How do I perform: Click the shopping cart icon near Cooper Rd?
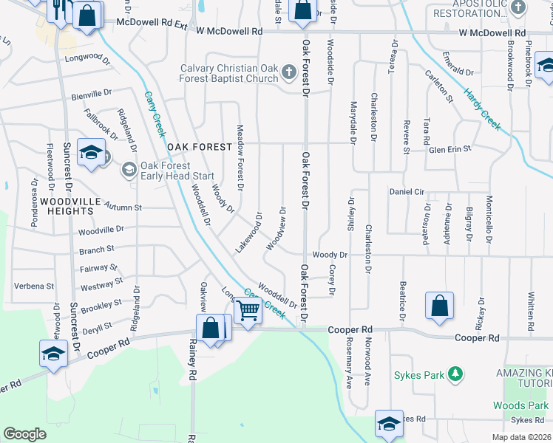(249, 311)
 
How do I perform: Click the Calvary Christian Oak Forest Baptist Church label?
(229, 74)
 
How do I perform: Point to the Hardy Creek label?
(482, 111)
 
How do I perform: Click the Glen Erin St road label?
(450, 149)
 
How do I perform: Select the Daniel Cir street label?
(407, 192)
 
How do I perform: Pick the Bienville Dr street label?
(91, 95)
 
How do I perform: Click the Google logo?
(24, 434)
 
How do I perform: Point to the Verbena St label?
(34, 286)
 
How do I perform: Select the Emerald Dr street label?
(454, 71)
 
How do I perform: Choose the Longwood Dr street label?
(81, 56)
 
